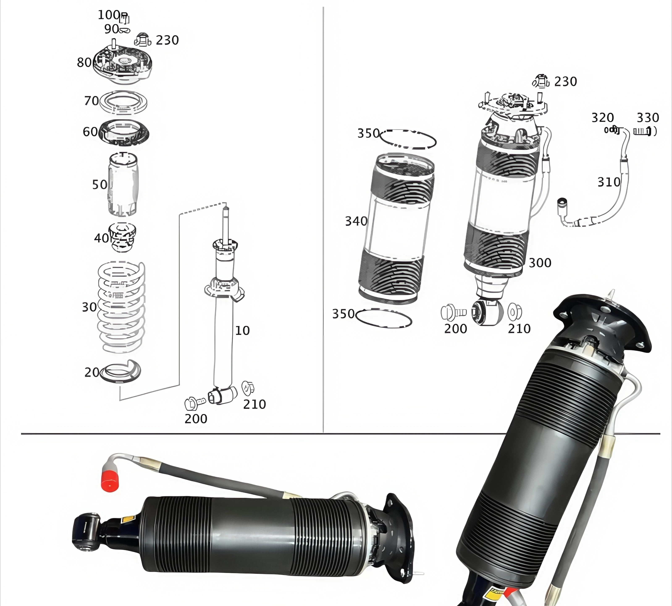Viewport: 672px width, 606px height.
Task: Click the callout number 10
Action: (x=242, y=331)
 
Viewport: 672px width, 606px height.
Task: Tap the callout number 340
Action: (x=356, y=221)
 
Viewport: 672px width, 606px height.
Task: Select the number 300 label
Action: (x=540, y=263)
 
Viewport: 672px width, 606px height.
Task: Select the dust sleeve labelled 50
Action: (x=123, y=184)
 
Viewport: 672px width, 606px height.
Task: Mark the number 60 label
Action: (x=90, y=132)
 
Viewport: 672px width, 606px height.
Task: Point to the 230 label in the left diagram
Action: (x=167, y=40)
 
